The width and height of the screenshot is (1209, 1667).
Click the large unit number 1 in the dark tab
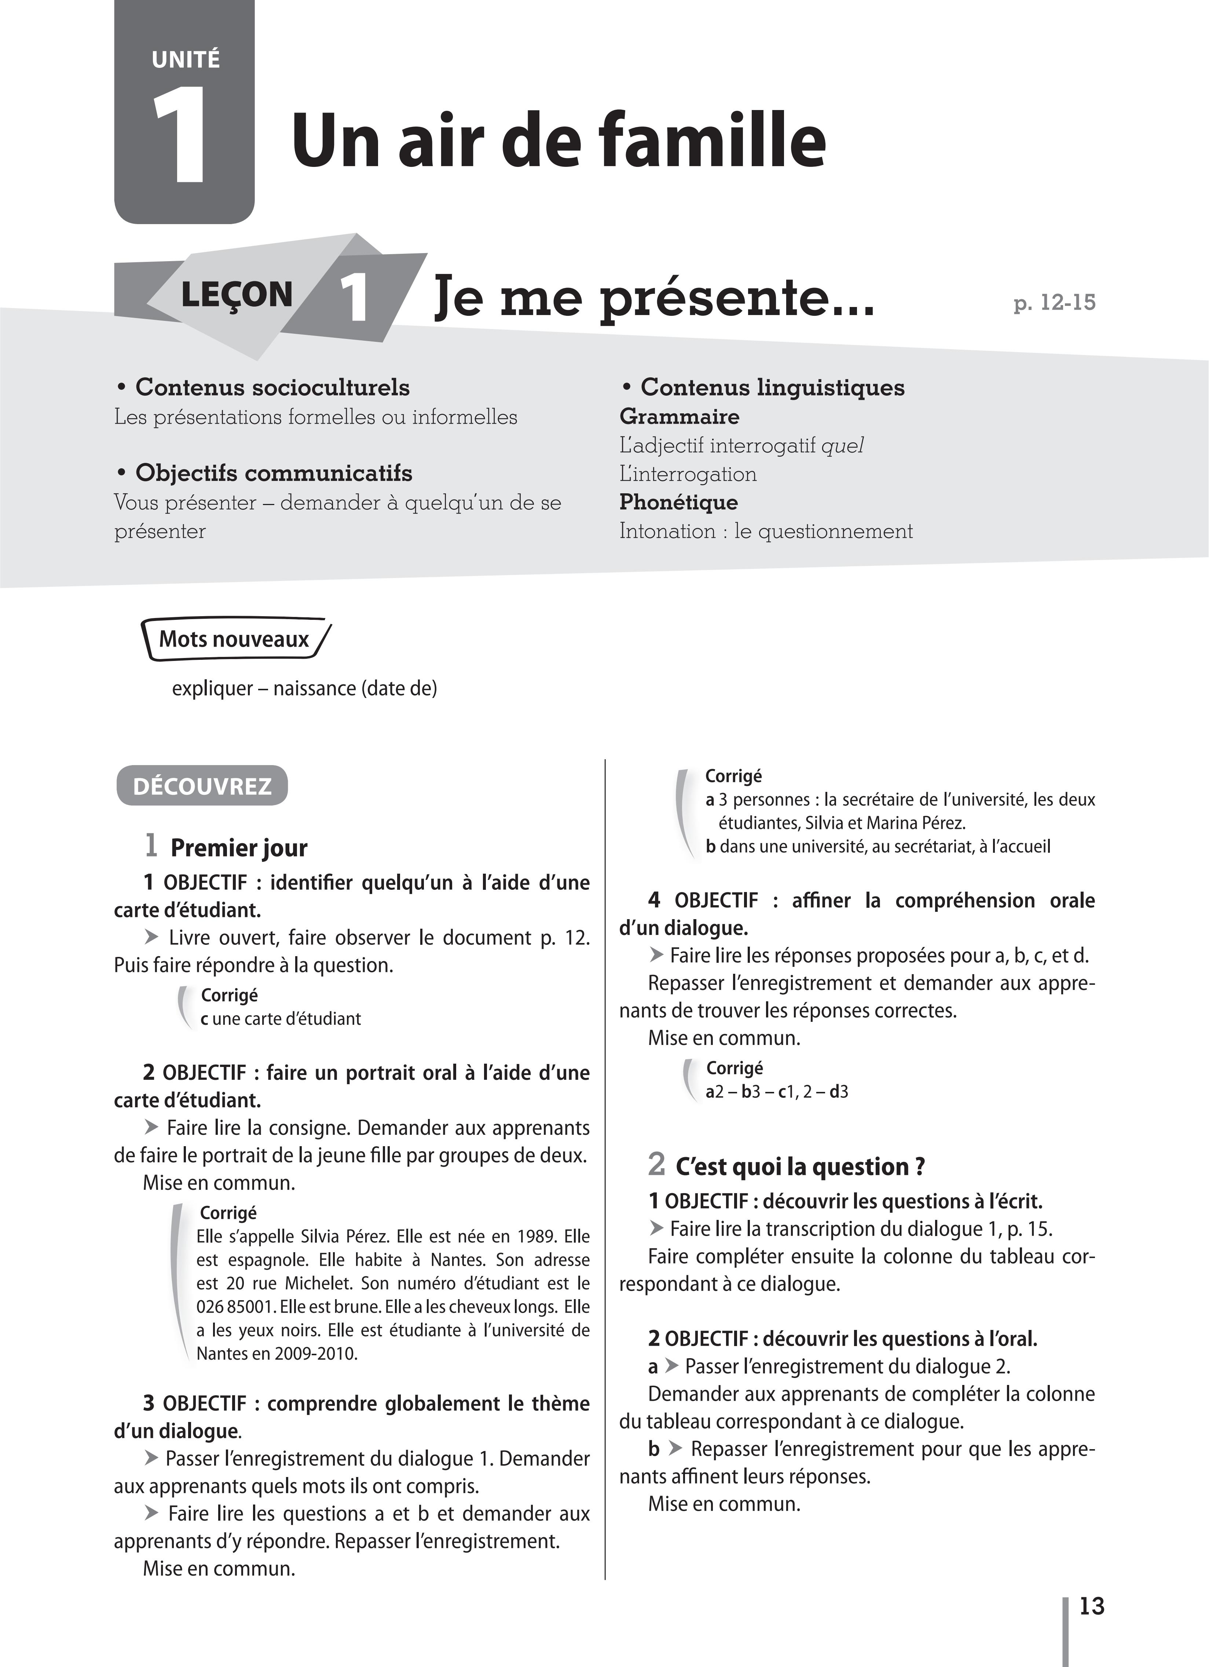pos(180,136)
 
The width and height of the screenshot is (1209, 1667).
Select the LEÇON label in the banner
pos(237,295)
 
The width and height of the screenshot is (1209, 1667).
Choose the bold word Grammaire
pos(679,417)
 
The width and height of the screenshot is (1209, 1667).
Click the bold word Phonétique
pos(678,502)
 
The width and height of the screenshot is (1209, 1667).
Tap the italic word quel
pos(842,445)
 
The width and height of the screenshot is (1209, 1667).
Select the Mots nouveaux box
pos(234,639)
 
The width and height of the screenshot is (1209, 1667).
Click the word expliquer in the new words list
pos(212,689)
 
